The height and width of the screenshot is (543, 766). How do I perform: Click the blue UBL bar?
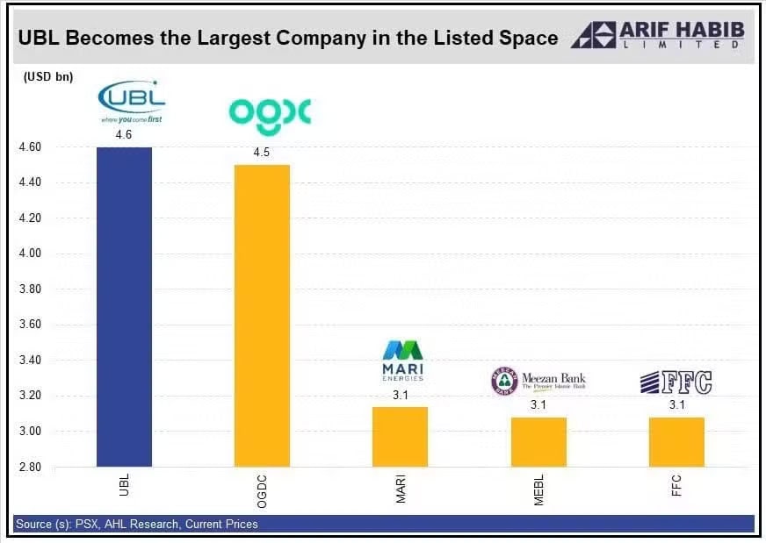click(x=124, y=307)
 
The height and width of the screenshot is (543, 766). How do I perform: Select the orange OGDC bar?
click(x=262, y=316)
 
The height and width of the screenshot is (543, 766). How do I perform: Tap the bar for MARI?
click(x=401, y=437)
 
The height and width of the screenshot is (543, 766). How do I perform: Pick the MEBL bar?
click(x=538, y=442)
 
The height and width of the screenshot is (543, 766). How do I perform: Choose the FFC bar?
click(x=676, y=442)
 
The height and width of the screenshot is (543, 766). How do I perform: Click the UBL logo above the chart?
click(x=131, y=102)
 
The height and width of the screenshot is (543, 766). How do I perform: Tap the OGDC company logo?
click(x=270, y=111)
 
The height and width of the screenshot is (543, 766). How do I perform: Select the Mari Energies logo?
click(x=402, y=360)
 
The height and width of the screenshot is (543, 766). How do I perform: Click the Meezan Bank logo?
click(x=538, y=381)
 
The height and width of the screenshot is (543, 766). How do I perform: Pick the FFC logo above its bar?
click(x=676, y=382)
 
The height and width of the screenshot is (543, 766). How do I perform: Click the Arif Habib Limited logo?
click(x=658, y=34)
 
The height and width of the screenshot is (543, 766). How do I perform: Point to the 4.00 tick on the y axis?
click(x=31, y=254)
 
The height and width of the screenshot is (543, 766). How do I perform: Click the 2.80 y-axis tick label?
click(x=31, y=467)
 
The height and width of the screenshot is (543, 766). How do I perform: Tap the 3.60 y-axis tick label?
click(x=31, y=325)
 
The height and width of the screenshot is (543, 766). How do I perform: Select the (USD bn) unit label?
click(x=44, y=76)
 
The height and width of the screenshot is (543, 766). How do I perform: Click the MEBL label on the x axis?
click(x=539, y=489)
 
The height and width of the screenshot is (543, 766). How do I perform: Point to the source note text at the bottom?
click(x=136, y=525)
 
